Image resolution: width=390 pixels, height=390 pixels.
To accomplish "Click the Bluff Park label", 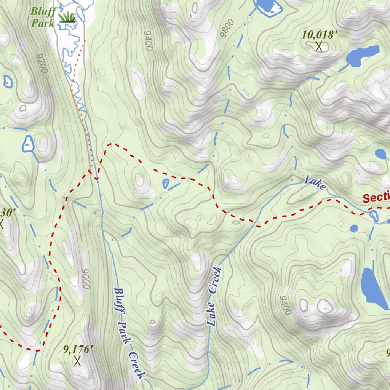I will pos(43,17).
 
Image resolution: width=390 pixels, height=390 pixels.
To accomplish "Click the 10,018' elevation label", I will pos(320,35).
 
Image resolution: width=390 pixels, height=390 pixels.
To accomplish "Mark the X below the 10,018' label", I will pos(319,47).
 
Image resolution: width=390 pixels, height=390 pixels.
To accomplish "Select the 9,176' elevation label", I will pos(78,349).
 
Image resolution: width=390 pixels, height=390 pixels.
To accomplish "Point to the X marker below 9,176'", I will pos(77,360).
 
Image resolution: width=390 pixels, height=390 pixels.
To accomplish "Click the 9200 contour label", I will pos(42,63).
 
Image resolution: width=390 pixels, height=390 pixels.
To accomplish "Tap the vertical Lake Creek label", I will pos(214,296).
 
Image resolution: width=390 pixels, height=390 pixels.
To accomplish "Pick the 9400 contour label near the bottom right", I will pos(285,305).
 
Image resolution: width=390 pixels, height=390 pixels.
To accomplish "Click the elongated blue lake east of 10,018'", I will pos(363,55).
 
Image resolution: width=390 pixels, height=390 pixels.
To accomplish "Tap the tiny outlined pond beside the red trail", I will pos(166,184).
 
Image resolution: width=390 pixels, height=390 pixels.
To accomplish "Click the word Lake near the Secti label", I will pos(315,183).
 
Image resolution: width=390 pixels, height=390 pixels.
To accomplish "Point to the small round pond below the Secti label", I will pos(354,228).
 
